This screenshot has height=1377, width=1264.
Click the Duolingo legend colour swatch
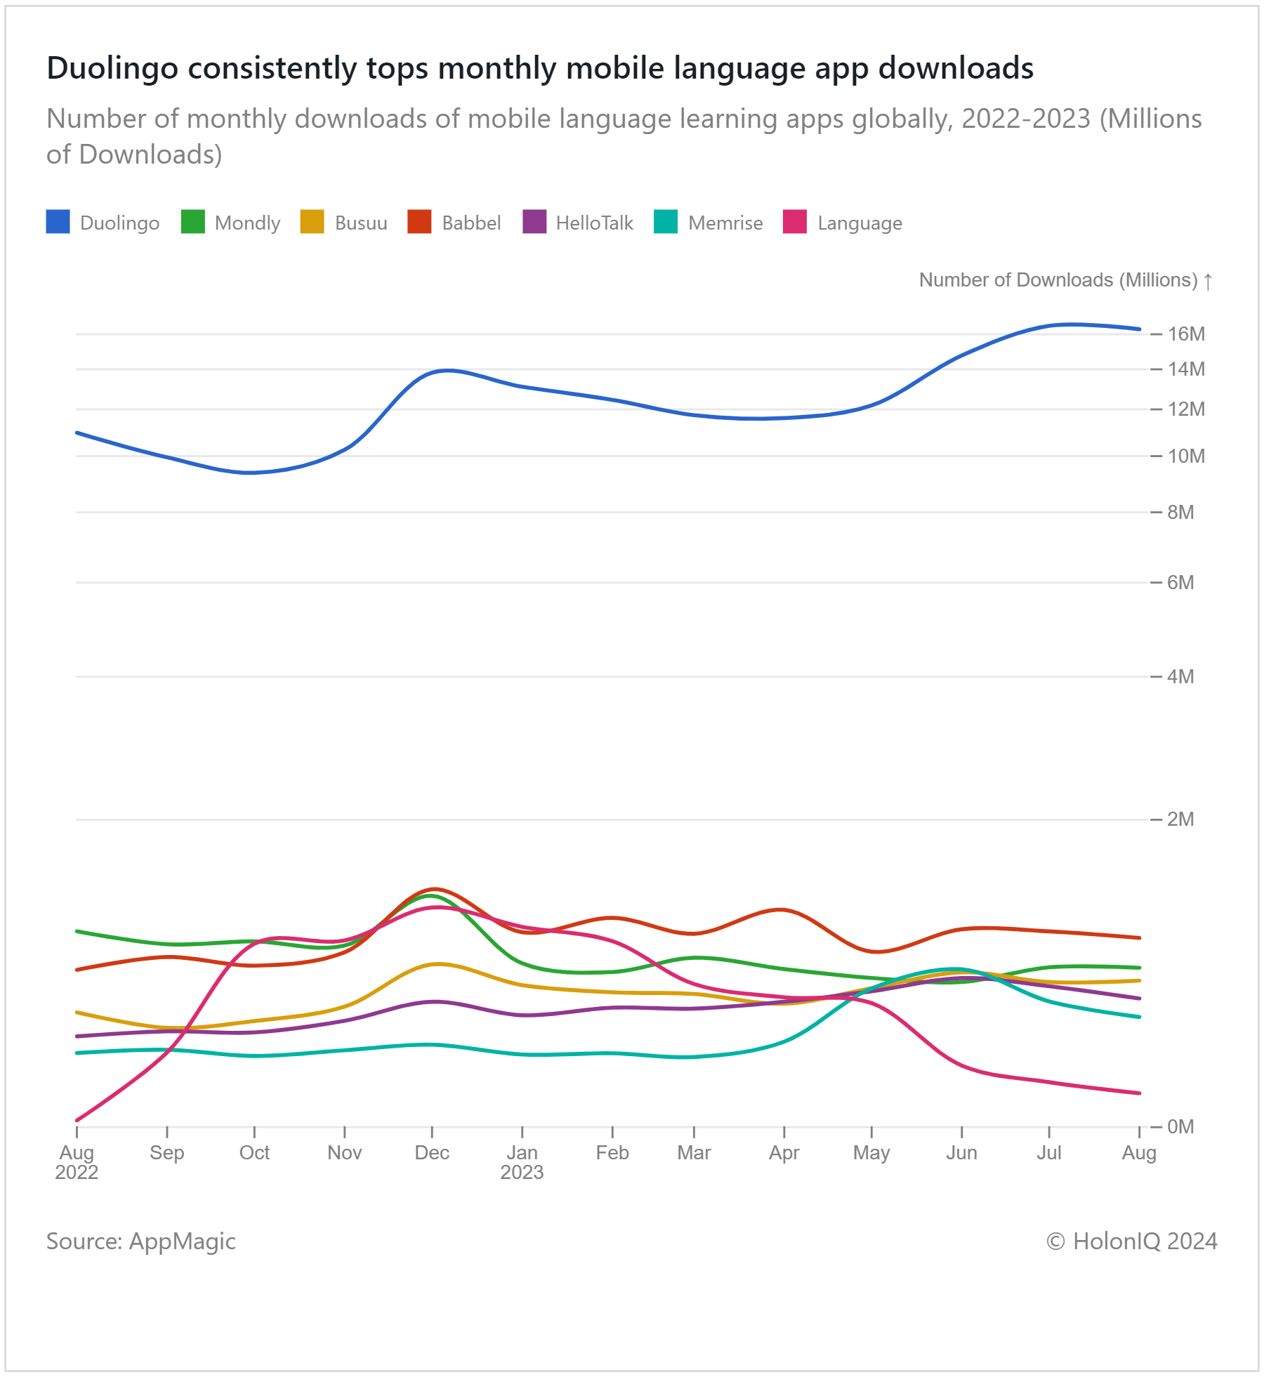[x=58, y=222]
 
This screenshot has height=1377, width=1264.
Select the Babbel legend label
[x=471, y=223]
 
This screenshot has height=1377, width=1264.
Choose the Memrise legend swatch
[x=666, y=222]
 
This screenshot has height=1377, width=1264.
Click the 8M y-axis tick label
[x=1180, y=513]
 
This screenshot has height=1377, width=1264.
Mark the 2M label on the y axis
[x=1180, y=819]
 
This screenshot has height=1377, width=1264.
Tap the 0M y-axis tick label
[x=1180, y=1127]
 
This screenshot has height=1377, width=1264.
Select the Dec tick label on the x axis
[x=432, y=1153]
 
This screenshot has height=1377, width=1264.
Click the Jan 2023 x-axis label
[x=522, y=1163]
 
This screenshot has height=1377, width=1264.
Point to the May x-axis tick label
[x=871, y=1154]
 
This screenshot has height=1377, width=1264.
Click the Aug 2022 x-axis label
[x=77, y=1163]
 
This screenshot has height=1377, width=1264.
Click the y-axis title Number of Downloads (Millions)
[x=1058, y=280]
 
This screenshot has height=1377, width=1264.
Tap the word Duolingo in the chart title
[x=112, y=69]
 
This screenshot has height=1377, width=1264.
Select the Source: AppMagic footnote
[x=140, y=1241]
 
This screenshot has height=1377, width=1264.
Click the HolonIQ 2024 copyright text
[x=1132, y=1241]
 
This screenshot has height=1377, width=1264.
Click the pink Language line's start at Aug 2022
[x=77, y=1121]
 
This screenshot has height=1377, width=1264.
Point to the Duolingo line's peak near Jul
[x=1070, y=324]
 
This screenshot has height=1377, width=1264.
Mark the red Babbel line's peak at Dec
[x=435, y=889]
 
